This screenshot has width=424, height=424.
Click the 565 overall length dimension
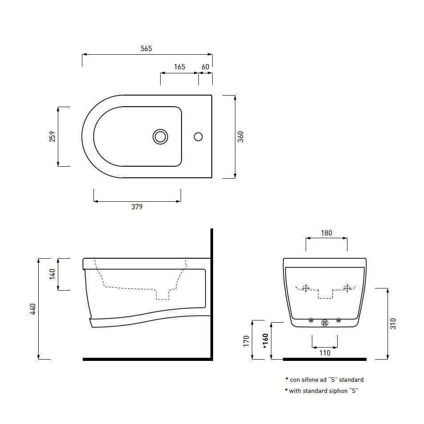pyautogui.click(x=146, y=49)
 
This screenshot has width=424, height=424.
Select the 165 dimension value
pyautogui.click(x=179, y=67)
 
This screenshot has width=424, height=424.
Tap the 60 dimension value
pyautogui.click(x=206, y=67)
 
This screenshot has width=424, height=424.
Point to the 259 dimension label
pyautogui.click(x=52, y=136)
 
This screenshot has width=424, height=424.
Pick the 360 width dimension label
pyautogui.click(x=240, y=136)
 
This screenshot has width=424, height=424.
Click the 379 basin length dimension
pyautogui.click(x=137, y=207)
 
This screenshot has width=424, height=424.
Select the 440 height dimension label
pyautogui.click(x=33, y=309)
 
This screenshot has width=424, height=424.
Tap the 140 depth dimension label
pyautogui.click(x=52, y=274)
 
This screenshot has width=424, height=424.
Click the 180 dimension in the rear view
pyautogui.click(x=327, y=233)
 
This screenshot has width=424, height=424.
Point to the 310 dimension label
pyautogui.click(x=393, y=324)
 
